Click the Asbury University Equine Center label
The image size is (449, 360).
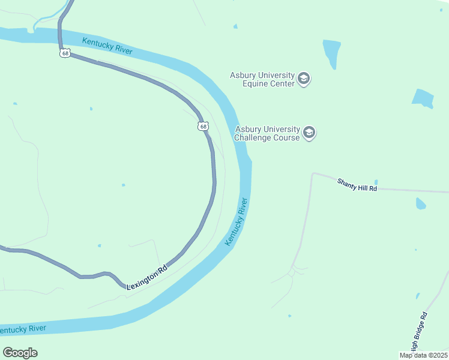[x=262, y=79]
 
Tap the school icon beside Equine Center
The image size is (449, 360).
[x=304, y=79]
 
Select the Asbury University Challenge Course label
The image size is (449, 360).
[x=267, y=133]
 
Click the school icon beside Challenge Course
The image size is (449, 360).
[x=309, y=133]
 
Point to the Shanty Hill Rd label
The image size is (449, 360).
[x=357, y=184]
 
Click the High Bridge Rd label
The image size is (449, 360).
[x=418, y=332]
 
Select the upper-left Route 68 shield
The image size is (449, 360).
[x=65, y=53]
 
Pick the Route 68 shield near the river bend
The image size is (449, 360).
[x=203, y=126]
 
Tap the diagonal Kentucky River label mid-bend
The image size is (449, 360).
[x=237, y=221]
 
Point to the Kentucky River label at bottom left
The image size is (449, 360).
[x=23, y=329]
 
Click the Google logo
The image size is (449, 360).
[x=20, y=353]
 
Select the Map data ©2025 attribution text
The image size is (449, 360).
[x=424, y=355]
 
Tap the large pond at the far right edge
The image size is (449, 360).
[x=423, y=98]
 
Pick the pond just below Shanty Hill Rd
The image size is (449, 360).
[x=420, y=204]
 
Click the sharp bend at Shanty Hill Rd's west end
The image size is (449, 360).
[x=313, y=174]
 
